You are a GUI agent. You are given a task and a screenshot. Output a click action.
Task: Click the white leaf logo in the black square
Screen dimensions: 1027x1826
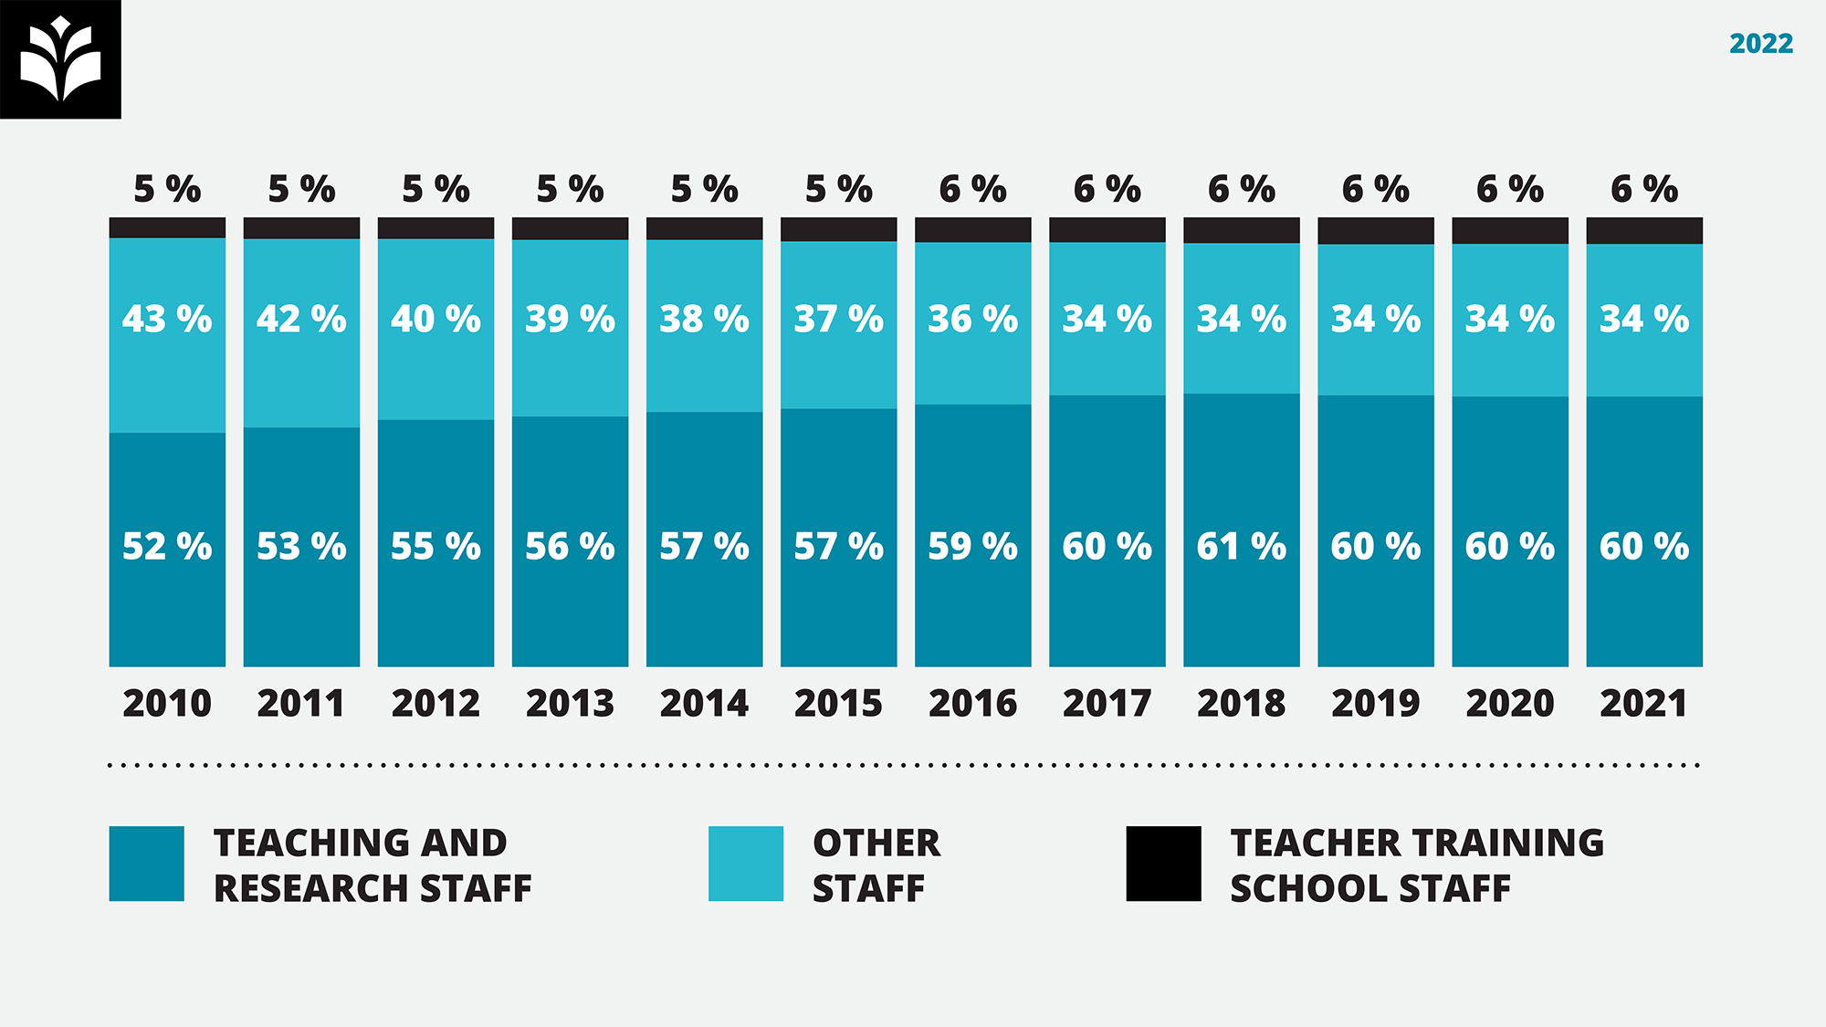[x=60, y=58]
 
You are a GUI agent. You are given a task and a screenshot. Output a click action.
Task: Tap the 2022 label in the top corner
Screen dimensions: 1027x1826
[x=1760, y=44]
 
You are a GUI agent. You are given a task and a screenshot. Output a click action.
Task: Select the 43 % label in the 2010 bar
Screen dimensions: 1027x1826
[x=167, y=320]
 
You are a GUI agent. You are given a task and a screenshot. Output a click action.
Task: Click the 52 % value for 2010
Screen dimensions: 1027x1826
[x=167, y=547]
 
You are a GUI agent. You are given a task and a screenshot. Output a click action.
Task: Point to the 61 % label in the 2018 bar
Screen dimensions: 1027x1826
[x=1241, y=547]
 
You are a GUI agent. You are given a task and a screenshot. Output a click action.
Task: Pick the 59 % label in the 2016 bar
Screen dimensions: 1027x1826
[x=972, y=547]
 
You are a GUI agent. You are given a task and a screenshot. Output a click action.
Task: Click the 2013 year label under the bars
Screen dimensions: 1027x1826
[x=570, y=704]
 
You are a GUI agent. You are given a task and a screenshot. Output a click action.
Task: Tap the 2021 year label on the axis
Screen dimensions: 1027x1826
[x=1643, y=704]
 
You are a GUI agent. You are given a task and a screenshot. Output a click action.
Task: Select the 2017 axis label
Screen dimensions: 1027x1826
[x=1107, y=704]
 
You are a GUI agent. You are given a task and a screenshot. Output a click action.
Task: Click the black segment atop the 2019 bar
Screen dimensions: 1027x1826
[x=1375, y=231]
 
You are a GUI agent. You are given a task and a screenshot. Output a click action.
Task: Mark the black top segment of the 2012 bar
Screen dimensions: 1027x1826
[x=436, y=228]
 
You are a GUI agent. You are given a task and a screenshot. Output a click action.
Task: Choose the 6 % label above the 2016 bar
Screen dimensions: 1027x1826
[x=972, y=190]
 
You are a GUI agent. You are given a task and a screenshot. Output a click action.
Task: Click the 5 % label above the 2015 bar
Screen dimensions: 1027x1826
[x=838, y=190]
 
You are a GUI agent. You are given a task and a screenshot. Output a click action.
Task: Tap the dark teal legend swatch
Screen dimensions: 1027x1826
[x=146, y=864]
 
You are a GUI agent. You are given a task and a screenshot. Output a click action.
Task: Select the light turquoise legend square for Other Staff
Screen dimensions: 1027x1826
[x=746, y=864]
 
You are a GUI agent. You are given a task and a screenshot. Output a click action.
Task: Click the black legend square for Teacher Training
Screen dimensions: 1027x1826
[x=1163, y=864]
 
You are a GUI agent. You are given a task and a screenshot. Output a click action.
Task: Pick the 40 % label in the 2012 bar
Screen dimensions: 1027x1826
[x=436, y=320]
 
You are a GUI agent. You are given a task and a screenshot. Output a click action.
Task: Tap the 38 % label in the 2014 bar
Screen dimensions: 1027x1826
[x=704, y=320]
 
